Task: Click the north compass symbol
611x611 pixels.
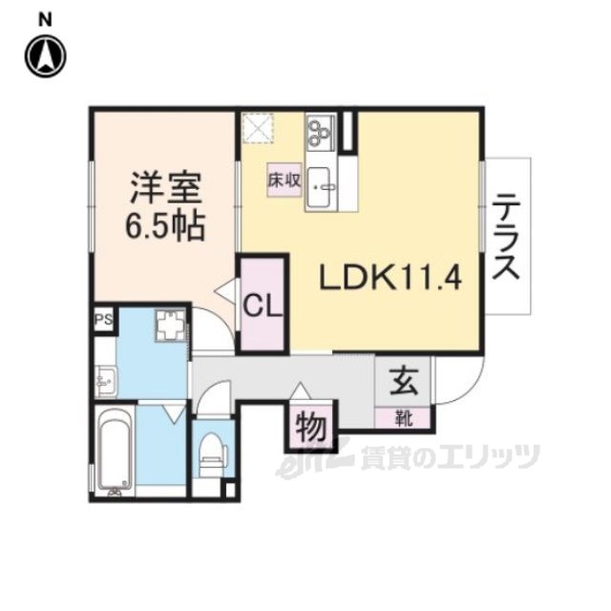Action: click(45, 55)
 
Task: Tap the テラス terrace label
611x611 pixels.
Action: click(507, 237)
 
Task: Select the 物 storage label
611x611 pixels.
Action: click(309, 426)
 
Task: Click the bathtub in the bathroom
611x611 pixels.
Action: click(115, 452)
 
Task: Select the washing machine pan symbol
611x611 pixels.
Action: click(170, 327)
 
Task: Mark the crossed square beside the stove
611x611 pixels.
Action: click(256, 126)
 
